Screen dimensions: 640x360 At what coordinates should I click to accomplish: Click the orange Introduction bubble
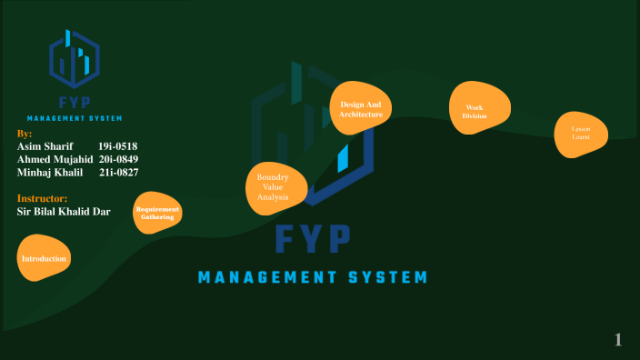click(x=44, y=259)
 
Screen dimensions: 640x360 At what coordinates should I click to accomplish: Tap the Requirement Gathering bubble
click(x=157, y=214)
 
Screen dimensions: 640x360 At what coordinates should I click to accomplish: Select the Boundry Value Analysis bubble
click(x=272, y=187)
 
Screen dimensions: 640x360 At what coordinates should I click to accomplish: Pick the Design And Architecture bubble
click(x=361, y=110)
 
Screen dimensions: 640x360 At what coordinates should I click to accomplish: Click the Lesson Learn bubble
click(x=581, y=133)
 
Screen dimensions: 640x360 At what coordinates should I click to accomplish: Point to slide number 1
click(x=618, y=340)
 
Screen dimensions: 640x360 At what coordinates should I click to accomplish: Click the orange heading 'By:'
click(x=25, y=134)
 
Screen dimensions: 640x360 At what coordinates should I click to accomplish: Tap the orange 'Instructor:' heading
click(x=42, y=198)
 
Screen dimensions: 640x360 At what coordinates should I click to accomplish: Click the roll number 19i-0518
click(x=117, y=146)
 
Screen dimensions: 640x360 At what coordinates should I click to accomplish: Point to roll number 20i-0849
click(x=118, y=159)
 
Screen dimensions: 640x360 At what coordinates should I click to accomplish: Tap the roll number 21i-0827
click(x=118, y=172)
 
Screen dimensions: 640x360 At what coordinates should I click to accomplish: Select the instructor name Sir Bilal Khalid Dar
click(x=64, y=212)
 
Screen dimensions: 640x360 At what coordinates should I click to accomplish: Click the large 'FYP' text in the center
click(x=313, y=239)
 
